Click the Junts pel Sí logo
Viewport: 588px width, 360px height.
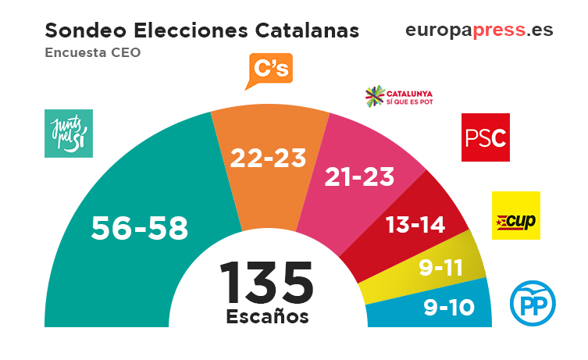coord(69,134)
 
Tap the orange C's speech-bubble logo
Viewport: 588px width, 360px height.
coord(268,72)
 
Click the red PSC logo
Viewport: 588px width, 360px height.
coord(485,137)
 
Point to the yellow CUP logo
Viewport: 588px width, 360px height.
coord(515,215)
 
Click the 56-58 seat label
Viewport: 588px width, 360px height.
coord(140,228)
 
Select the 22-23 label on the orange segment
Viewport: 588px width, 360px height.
coord(269,159)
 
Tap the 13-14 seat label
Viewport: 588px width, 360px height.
coord(416,225)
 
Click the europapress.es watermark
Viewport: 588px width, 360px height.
coord(479,30)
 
